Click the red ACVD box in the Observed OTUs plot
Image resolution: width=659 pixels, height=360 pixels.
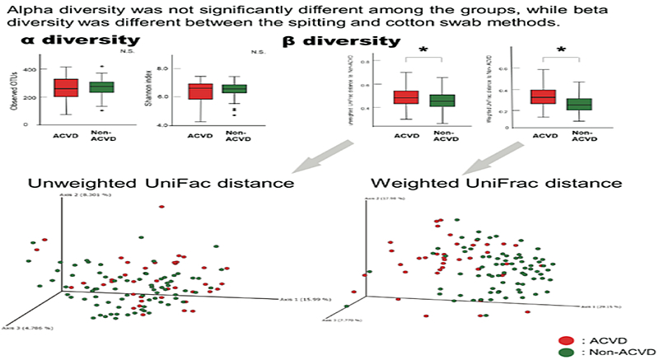click(x=66, y=88)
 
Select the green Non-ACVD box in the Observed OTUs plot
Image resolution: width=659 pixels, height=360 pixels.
click(x=102, y=87)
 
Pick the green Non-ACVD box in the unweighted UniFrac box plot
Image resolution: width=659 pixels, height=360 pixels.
click(x=443, y=101)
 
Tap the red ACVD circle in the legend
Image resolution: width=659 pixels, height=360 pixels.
click(x=565, y=339)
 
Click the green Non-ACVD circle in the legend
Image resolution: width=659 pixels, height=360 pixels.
click(x=565, y=352)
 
